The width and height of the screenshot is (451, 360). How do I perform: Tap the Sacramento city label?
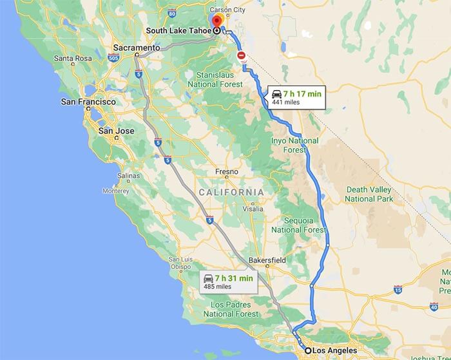pyautogui.click(x=136, y=48)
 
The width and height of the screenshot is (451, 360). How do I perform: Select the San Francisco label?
pyautogui.click(x=88, y=102)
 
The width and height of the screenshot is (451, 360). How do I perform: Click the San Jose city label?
pyautogui.click(x=116, y=131)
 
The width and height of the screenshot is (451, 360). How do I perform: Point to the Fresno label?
pyautogui.click(x=227, y=172)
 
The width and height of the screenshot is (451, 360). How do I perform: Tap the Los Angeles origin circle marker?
pyautogui.click(x=308, y=350)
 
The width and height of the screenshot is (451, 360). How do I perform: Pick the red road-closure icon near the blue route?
pyautogui.click(x=242, y=56)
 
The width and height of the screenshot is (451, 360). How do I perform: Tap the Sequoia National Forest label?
pyautogui.click(x=298, y=225)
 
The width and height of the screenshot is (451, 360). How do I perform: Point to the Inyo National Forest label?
pyautogui.click(x=294, y=145)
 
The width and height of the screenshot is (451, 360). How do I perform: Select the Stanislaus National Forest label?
pyautogui.click(x=215, y=79)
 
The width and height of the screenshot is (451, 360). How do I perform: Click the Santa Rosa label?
pyautogui.click(x=73, y=58)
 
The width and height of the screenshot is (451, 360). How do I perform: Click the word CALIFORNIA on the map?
pyautogui.click(x=231, y=193)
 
